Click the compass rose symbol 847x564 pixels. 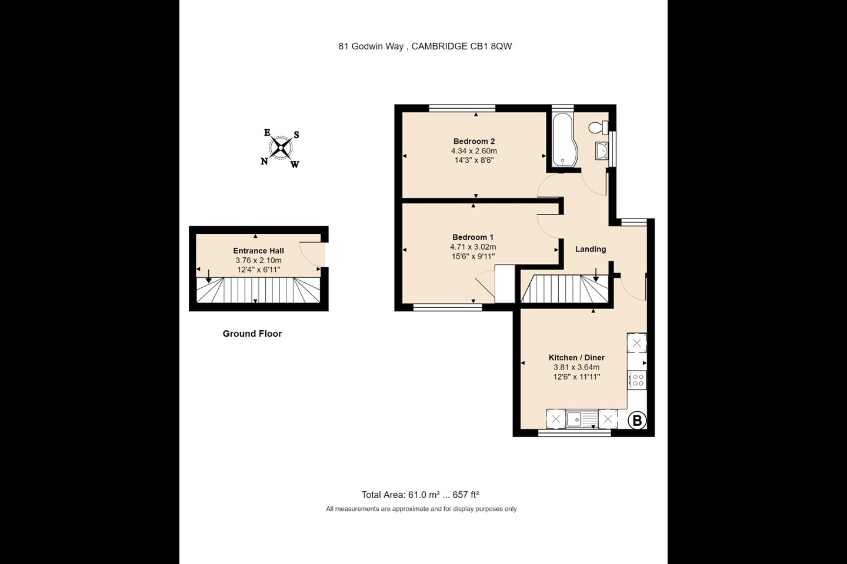[281, 147]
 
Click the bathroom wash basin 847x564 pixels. [602, 151]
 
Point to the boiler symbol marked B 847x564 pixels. [637, 421]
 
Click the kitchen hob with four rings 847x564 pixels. [637, 380]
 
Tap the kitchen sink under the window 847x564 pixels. [574, 419]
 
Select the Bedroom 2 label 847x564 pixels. [474, 141]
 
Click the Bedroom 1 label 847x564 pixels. [473, 237]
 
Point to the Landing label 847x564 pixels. [590, 249]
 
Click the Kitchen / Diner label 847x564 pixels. [576, 357]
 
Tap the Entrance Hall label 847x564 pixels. [258, 251]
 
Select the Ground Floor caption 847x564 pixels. [252, 334]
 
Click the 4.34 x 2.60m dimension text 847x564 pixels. [474, 151]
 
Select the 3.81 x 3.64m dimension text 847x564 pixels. [576, 367]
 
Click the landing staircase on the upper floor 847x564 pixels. [565, 289]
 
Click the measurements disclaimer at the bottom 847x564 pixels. [421, 509]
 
